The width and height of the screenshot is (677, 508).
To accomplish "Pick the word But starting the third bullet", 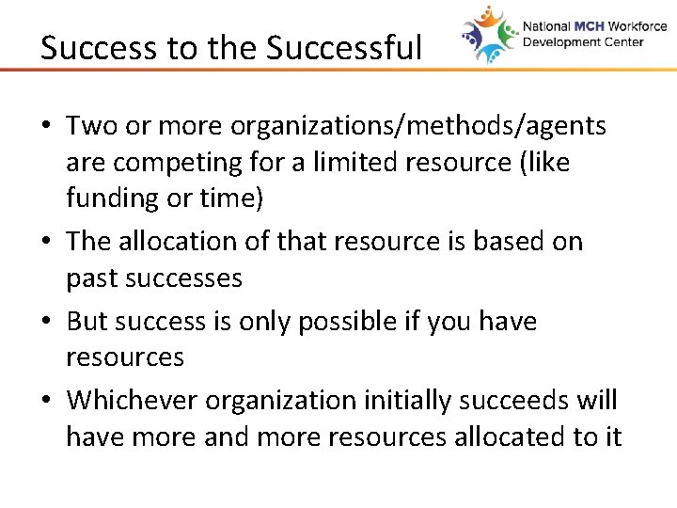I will pyautogui.click(x=87, y=321).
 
